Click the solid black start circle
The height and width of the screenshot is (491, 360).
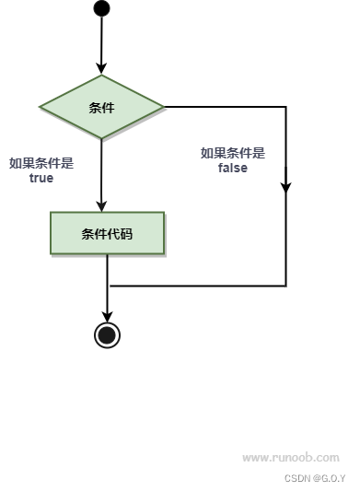tap(101, 8)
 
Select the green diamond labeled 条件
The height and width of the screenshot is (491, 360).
tap(101, 107)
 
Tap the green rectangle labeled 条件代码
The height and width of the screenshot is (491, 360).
tap(107, 233)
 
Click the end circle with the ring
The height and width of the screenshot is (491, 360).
tap(107, 334)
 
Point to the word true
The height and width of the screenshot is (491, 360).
tap(41, 179)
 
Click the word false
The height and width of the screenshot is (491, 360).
tap(232, 169)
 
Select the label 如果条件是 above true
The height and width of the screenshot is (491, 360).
tap(41, 163)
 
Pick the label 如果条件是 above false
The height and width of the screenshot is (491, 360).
tap(232, 153)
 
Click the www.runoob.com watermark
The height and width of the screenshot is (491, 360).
tap(290, 457)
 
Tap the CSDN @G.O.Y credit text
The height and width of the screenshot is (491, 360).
tap(315, 478)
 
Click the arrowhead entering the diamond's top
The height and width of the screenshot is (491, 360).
tap(101, 68)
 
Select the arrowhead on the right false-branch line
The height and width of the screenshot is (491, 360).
tap(285, 185)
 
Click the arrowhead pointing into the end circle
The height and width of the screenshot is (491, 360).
tap(107, 314)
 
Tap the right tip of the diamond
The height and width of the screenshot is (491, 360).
tap(164, 107)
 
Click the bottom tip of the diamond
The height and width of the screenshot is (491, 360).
tap(101, 139)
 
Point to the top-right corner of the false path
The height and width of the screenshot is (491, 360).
tap(285, 107)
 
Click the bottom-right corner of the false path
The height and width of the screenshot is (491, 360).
tap(285, 286)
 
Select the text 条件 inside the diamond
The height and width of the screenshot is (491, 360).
tap(101, 108)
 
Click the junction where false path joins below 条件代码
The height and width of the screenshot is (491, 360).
tap(108, 286)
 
